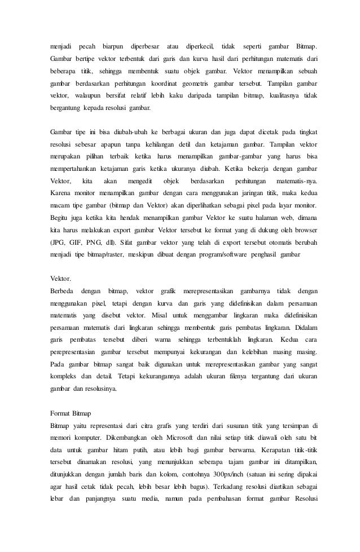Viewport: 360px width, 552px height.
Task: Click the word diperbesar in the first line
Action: [x=144, y=45]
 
